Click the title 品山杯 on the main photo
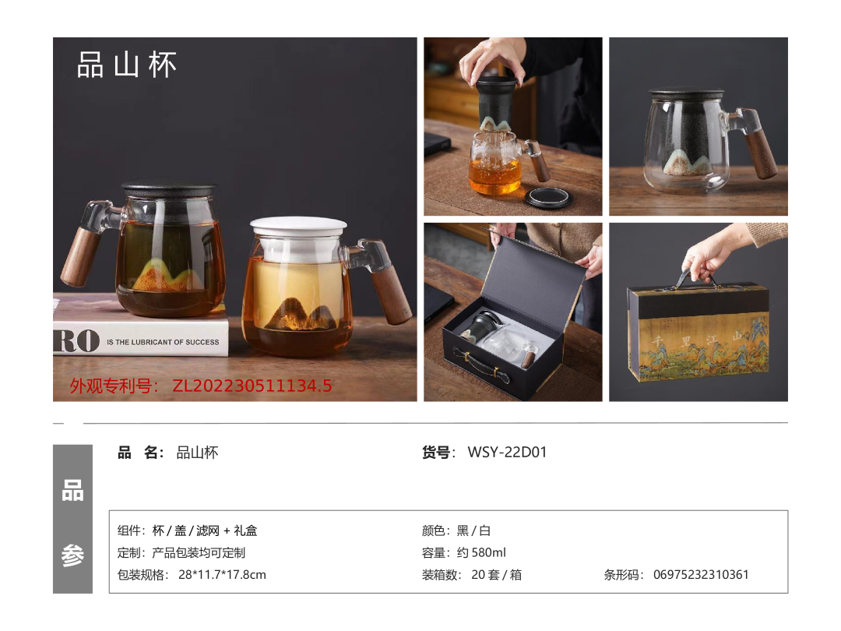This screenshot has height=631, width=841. point(127,65)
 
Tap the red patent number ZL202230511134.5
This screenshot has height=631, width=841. point(252,386)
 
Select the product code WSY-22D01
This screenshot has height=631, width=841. point(507,453)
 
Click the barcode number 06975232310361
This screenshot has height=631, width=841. point(701,575)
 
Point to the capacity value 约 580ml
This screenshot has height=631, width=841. point(481,552)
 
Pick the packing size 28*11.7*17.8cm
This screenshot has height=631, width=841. point(222,575)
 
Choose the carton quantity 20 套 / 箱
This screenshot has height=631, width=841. point(496,575)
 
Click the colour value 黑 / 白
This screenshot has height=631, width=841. point(473,531)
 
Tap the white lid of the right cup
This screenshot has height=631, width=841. point(298,225)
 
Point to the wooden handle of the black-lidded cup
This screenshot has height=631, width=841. point(80,256)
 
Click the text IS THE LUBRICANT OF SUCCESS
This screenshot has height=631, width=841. point(163,342)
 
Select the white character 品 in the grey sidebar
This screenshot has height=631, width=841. point(72,491)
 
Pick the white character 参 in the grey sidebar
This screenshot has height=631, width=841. point(72,555)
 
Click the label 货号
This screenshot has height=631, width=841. point(435,453)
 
